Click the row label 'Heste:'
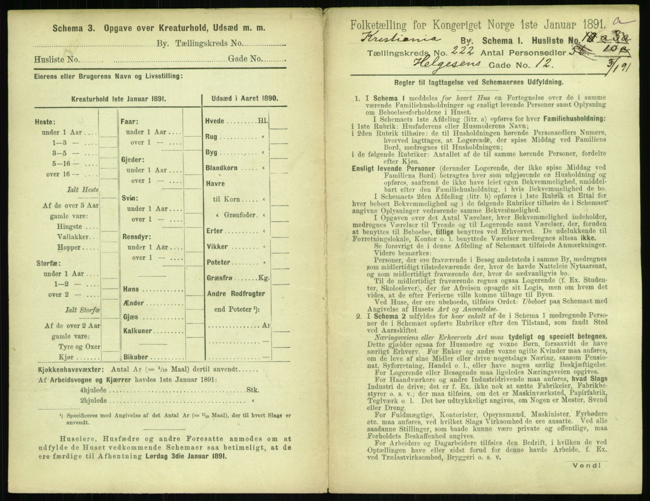click(x=44, y=122)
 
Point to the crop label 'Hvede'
click(x=215, y=121)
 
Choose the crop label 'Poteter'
click(x=218, y=262)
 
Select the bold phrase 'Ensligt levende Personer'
click(x=393, y=169)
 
